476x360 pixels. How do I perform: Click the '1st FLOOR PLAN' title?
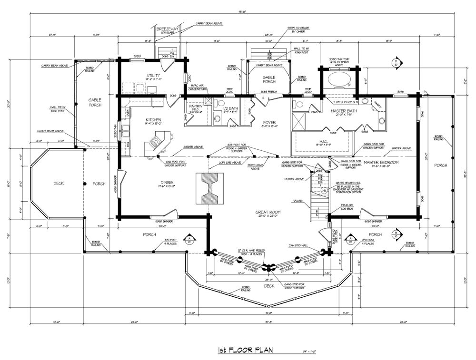[x=246, y=350]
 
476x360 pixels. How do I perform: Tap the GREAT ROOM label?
[x=268, y=212]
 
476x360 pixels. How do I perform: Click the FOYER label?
[x=269, y=122]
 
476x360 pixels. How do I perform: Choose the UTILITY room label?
[x=153, y=76]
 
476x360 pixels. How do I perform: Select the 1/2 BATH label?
[x=230, y=108]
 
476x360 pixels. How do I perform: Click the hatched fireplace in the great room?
[x=209, y=188]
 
